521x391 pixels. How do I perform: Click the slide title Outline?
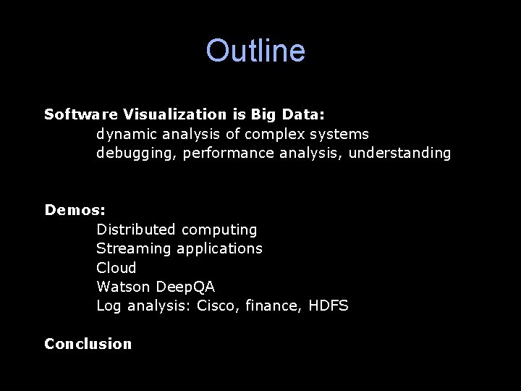pos(255,51)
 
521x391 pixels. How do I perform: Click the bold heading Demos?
pos(75,210)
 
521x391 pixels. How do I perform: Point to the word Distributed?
pos(136,230)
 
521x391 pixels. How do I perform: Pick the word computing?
pos(219,230)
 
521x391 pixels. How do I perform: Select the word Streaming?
pos(132,248)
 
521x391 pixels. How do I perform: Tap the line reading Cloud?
pos(117,267)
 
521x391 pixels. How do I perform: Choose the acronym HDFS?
pos(329,306)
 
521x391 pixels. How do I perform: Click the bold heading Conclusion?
pos(88,344)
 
